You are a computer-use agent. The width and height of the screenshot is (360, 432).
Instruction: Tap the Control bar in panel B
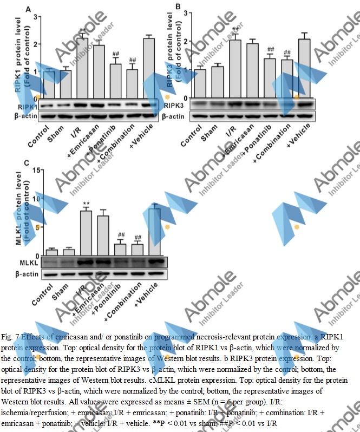[x=200, y=83]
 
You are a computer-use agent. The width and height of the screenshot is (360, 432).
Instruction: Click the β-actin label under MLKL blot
[x=28, y=274]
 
